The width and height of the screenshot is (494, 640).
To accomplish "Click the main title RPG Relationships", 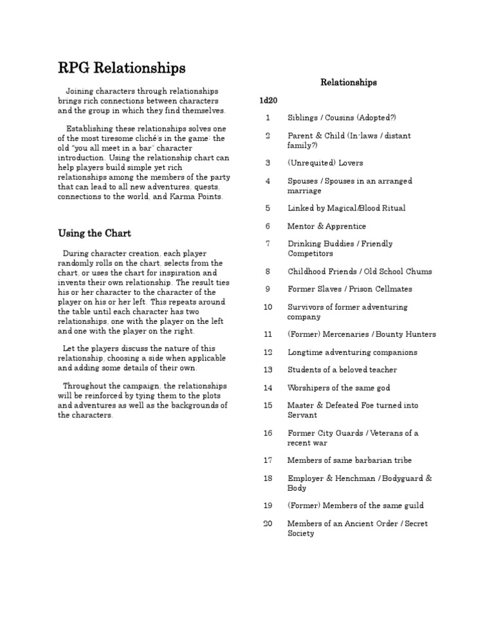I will click(122, 68).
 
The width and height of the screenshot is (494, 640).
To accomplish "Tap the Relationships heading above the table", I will click(349, 82).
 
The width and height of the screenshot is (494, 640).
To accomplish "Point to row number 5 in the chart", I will click(268, 208).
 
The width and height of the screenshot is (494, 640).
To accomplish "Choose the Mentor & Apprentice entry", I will click(326, 226).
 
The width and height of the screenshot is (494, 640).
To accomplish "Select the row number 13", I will click(268, 370).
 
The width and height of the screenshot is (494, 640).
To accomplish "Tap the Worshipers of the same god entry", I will click(338, 388).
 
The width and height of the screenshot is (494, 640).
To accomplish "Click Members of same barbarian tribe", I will click(349, 460).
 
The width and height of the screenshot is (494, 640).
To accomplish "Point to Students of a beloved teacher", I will click(342, 370).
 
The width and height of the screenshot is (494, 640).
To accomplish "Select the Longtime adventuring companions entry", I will click(352, 352).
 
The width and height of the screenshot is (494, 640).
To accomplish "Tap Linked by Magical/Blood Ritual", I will click(346, 208).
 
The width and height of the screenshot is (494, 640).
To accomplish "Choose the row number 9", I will click(268, 289).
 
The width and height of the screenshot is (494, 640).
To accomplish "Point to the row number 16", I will click(268, 433).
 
